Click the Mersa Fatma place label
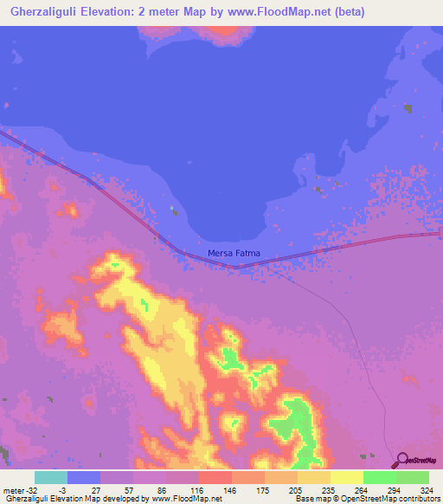click(x=234, y=254)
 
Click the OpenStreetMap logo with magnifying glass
click(x=414, y=460)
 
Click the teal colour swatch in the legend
click(x=51, y=477)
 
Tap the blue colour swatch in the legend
click(x=84, y=477)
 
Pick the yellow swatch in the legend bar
click(x=346, y=477)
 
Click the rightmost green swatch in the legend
click(x=412, y=477)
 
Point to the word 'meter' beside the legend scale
click(x=15, y=490)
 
